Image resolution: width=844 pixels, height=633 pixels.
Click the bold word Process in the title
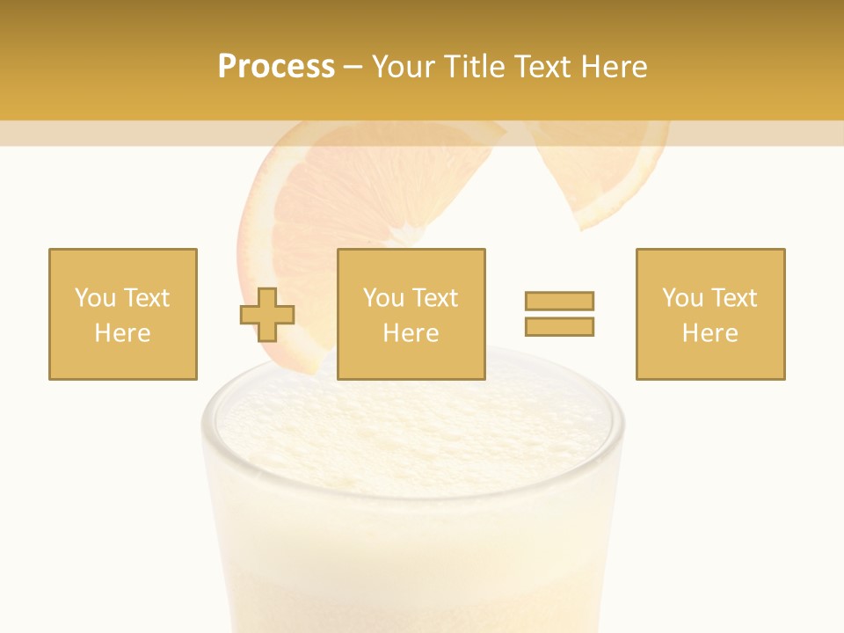pos(276,67)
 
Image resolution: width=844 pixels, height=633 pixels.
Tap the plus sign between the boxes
pos(267,315)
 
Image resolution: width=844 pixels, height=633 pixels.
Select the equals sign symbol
pos(559,314)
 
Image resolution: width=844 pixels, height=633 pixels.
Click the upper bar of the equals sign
pos(559,302)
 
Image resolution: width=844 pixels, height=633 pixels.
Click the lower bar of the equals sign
pos(559,326)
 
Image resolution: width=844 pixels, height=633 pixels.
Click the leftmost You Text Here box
pos(123,314)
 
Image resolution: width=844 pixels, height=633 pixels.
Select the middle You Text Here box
pos(411,314)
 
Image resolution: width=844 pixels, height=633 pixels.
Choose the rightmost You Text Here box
pos(710,314)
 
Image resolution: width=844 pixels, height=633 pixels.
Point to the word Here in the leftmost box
pos(122,333)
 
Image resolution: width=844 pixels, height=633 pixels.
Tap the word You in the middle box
pos(383,298)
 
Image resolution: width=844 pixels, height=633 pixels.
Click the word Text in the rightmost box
pos(733,298)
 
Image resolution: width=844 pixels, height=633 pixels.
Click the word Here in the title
pos(615,67)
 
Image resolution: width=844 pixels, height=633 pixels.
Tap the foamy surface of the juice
pos(413,431)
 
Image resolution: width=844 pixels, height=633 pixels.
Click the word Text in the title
pos(545,67)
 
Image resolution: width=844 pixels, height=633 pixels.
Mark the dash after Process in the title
pos(353,67)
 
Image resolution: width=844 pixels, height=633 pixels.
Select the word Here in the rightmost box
pos(709,333)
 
